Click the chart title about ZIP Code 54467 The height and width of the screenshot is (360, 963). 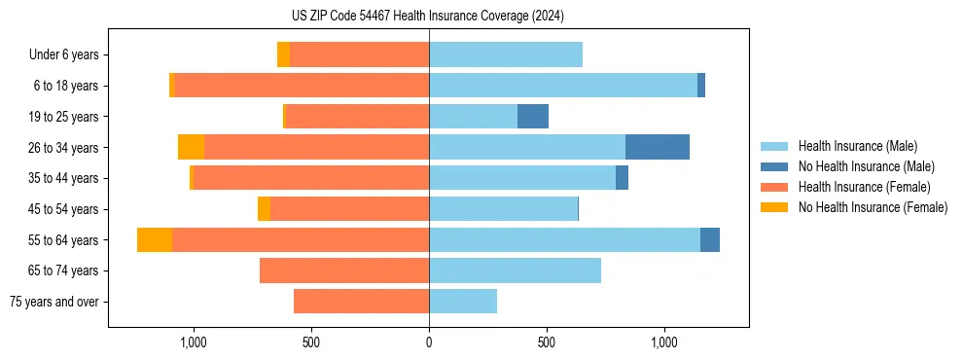coord(428,16)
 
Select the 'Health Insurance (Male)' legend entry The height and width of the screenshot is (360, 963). coord(856,146)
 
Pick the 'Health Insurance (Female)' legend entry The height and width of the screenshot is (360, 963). coord(864,187)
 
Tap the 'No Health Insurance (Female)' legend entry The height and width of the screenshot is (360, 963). coord(873,207)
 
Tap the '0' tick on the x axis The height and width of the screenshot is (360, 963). coord(429,343)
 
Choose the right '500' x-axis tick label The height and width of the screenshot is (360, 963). coord(547,343)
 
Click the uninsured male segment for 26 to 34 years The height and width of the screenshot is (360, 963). coord(658,147)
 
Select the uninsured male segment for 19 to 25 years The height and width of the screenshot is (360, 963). coord(533,117)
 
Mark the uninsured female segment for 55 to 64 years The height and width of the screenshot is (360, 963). coord(155,239)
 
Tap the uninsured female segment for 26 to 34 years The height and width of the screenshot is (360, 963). coord(192,147)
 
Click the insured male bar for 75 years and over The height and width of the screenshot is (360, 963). coord(463,302)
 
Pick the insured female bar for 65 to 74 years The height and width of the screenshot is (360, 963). coord(344,270)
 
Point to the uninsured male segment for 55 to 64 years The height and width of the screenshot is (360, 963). coord(710,239)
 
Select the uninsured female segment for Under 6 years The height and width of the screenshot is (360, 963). coord(283,55)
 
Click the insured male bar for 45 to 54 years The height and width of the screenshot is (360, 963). coord(504,209)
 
